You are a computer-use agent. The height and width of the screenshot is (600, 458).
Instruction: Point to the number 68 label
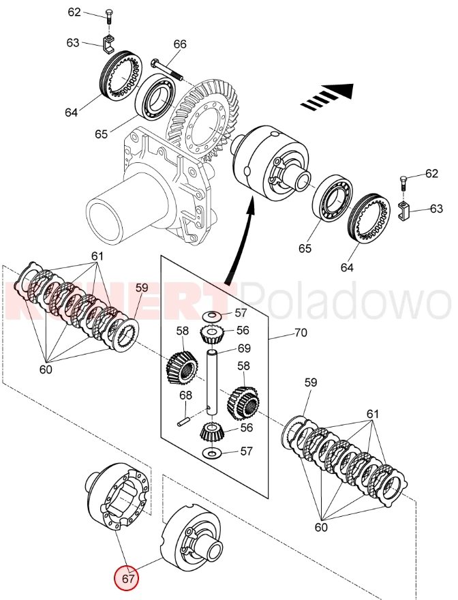pyautogui.click(x=185, y=396)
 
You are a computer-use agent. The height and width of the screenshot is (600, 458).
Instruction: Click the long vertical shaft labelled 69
pyautogui.click(x=212, y=382)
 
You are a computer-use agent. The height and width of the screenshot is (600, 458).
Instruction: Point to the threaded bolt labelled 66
pyautogui.click(x=166, y=69)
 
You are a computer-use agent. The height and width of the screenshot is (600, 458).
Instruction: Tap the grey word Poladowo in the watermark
pyautogui.click(x=348, y=301)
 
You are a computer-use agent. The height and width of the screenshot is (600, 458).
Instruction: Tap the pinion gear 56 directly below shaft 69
pyautogui.click(x=213, y=430)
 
